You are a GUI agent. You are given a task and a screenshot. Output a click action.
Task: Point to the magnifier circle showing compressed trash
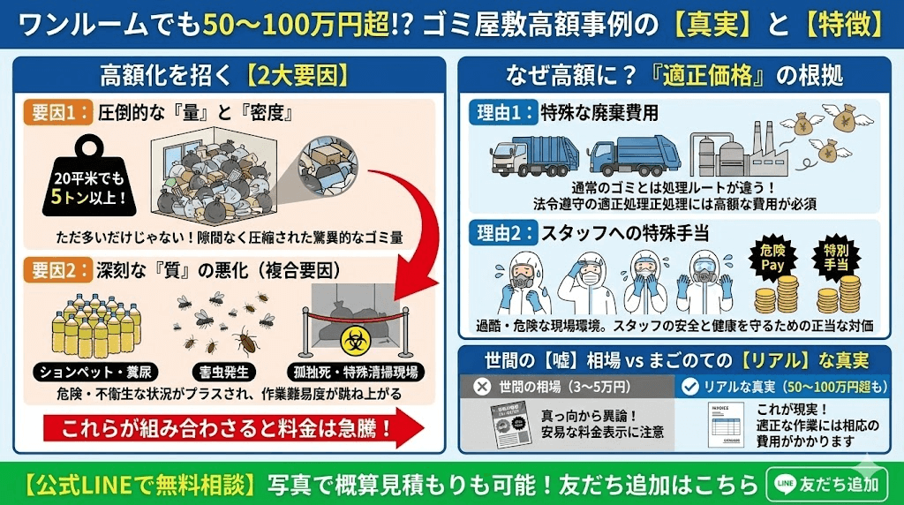[334, 165]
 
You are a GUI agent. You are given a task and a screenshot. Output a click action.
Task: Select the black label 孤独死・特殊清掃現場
[351, 370]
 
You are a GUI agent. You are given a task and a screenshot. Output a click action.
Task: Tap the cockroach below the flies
[245, 340]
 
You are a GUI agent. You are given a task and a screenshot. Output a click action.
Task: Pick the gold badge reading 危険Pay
[772, 258]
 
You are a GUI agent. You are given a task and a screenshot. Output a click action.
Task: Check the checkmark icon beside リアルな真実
[692, 386]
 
